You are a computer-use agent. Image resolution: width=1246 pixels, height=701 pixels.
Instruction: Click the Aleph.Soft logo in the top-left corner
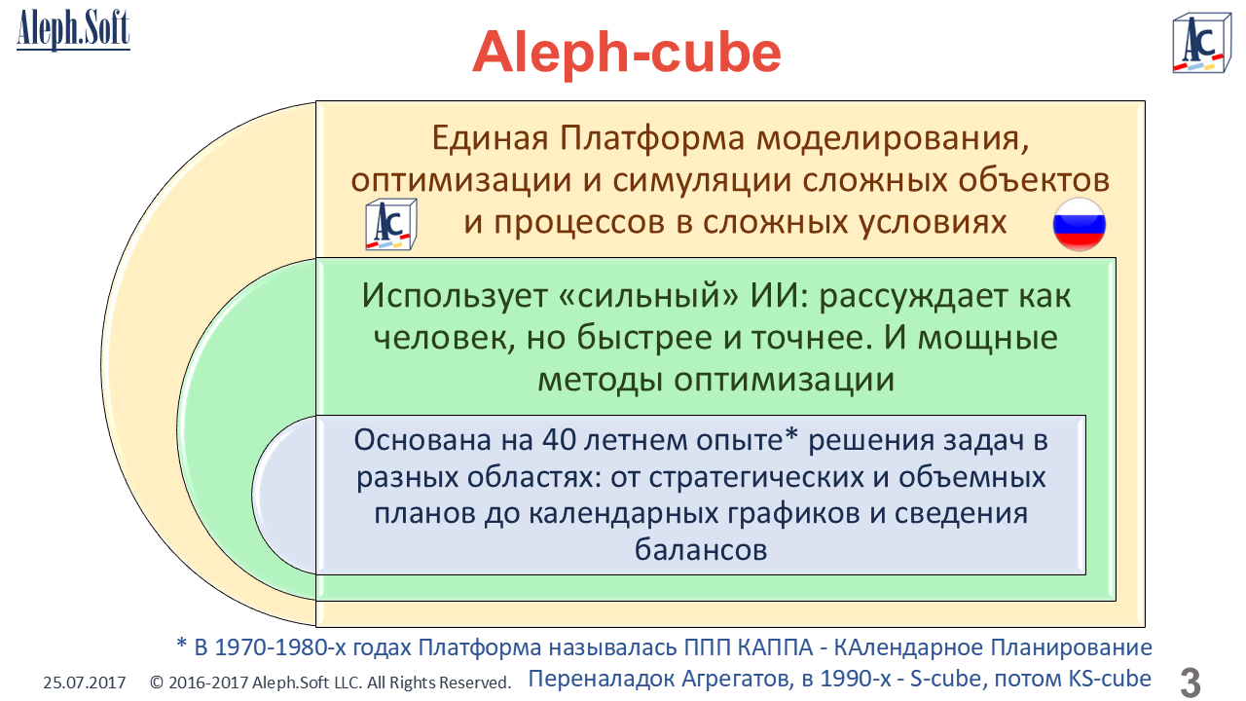73,30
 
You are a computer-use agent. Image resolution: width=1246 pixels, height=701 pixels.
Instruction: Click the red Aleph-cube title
627,53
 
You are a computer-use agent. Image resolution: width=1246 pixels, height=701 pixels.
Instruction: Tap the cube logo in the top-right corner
1201,43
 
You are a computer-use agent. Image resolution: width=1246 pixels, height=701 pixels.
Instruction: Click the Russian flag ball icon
1080,225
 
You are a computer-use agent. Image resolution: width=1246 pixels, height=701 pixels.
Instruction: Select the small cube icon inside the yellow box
391,224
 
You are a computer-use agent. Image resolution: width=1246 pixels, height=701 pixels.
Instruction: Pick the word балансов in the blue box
701,550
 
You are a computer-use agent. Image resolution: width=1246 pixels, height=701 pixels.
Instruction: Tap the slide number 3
1191,682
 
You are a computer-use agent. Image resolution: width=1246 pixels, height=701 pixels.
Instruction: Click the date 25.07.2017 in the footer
85,683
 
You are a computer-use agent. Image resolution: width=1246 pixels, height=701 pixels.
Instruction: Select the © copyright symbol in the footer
157,683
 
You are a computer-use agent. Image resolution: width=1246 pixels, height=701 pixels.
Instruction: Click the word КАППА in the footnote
775,647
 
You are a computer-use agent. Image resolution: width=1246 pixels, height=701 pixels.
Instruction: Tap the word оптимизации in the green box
784,381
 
